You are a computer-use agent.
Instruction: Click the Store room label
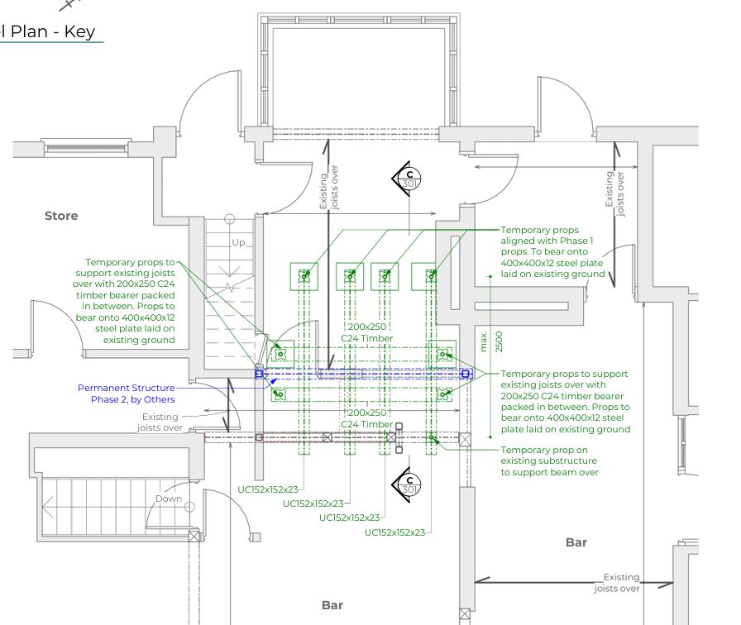click(x=61, y=216)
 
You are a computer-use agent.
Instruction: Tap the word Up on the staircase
click(x=238, y=243)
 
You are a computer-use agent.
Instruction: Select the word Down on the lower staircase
click(x=169, y=499)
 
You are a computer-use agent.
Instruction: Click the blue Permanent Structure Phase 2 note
click(x=127, y=394)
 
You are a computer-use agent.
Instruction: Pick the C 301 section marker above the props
click(x=409, y=178)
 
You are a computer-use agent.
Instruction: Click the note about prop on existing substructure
click(x=548, y=460)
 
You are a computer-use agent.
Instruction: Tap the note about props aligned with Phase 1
click(x=552, y=251)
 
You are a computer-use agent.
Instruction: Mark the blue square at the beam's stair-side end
click(x=259, y=374)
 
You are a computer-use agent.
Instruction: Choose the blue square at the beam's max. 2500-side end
click(x=466, y=374)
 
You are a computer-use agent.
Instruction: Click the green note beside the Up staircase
click(x=126, y=300)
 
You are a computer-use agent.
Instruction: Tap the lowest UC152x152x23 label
click(x=394, y=532)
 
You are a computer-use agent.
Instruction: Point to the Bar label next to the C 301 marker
click(x=576, y=542)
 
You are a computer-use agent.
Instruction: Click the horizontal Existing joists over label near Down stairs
click(x=160, y=422)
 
